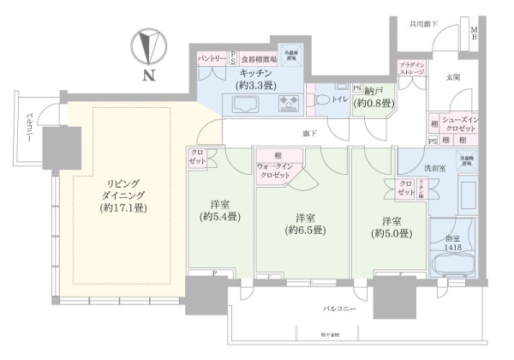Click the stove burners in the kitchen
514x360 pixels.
click(x=287, y=104)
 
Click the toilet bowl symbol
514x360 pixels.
click(x=322, y=100)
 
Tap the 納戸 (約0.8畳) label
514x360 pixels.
click(x=374, y=97)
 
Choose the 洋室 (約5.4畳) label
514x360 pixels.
click(x=220, y=212)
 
